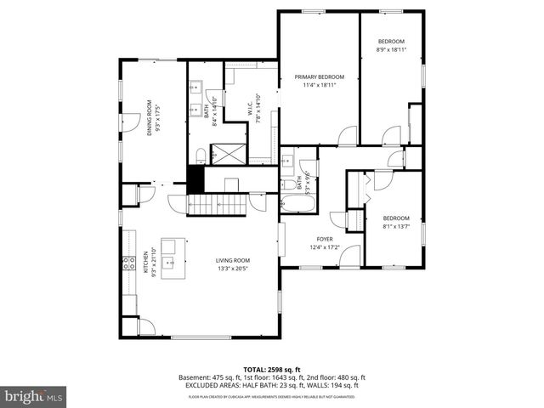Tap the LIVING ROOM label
(x=232, y=260)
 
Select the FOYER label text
(x=325, y=239)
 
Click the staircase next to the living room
(x=216, y=204)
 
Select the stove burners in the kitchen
(x=129, y=263)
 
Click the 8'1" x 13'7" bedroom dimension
(x=396, y=226)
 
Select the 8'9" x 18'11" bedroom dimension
(x=391, y=49)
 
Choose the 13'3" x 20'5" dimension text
(x=232, y=269)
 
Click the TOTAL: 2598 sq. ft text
(x=271, y=370)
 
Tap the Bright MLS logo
(x=34, y=397)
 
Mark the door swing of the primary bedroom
(x=347, y=136)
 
